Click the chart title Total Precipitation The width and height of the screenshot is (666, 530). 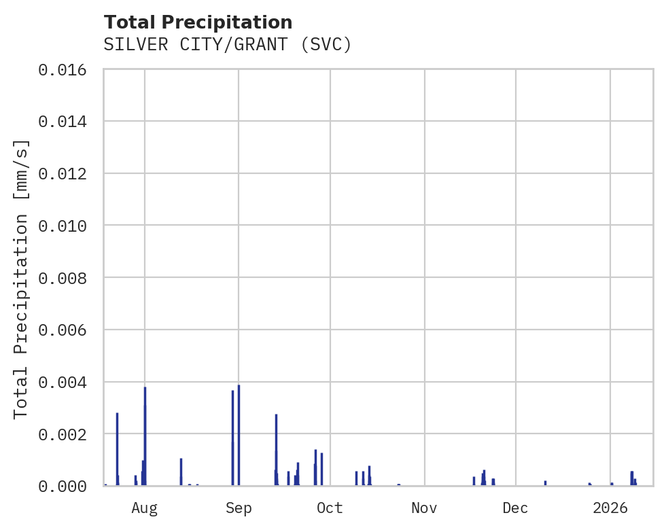pyautogui.click(x=198, y=22)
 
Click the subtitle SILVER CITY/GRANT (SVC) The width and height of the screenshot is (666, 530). pyautogui.click(x=228, y=45)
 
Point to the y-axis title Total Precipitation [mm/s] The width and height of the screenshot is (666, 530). pyautogui.click(x=21, y=278)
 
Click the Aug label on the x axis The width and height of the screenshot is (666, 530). pyautogui.click(x=145, y=508)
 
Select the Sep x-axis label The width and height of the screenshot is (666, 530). pyautogui.click(x=239, y=508)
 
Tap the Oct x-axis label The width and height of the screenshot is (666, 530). pyautogui.click(x=330, y=508)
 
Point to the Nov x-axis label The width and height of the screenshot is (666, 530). pyautogui.click(x=424, y=508)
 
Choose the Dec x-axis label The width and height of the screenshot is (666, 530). pyautogui.click(x=516, y=508)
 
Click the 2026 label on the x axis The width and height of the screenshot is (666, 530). pyautogui.click(x=610, y=508)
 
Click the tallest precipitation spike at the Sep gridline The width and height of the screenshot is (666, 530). pyautogui.click(x=239, y=435)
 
